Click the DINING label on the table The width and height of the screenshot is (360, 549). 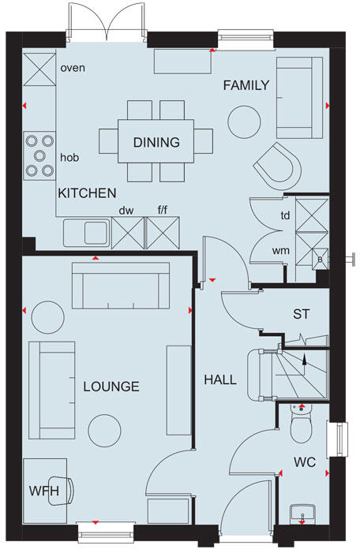coord(156,143)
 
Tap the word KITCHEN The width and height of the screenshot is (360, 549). coord(87,192)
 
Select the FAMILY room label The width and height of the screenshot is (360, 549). coord(246,85)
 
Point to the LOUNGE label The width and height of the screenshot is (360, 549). coord(111,387)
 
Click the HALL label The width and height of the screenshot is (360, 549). coord(220,379)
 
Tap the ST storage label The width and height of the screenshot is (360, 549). coord(302,314)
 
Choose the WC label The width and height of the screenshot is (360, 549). coord(305,462)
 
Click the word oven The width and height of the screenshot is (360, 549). coord(73,67)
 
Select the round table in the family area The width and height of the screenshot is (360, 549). coord(244,121)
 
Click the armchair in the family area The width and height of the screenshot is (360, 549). coord(277,164)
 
